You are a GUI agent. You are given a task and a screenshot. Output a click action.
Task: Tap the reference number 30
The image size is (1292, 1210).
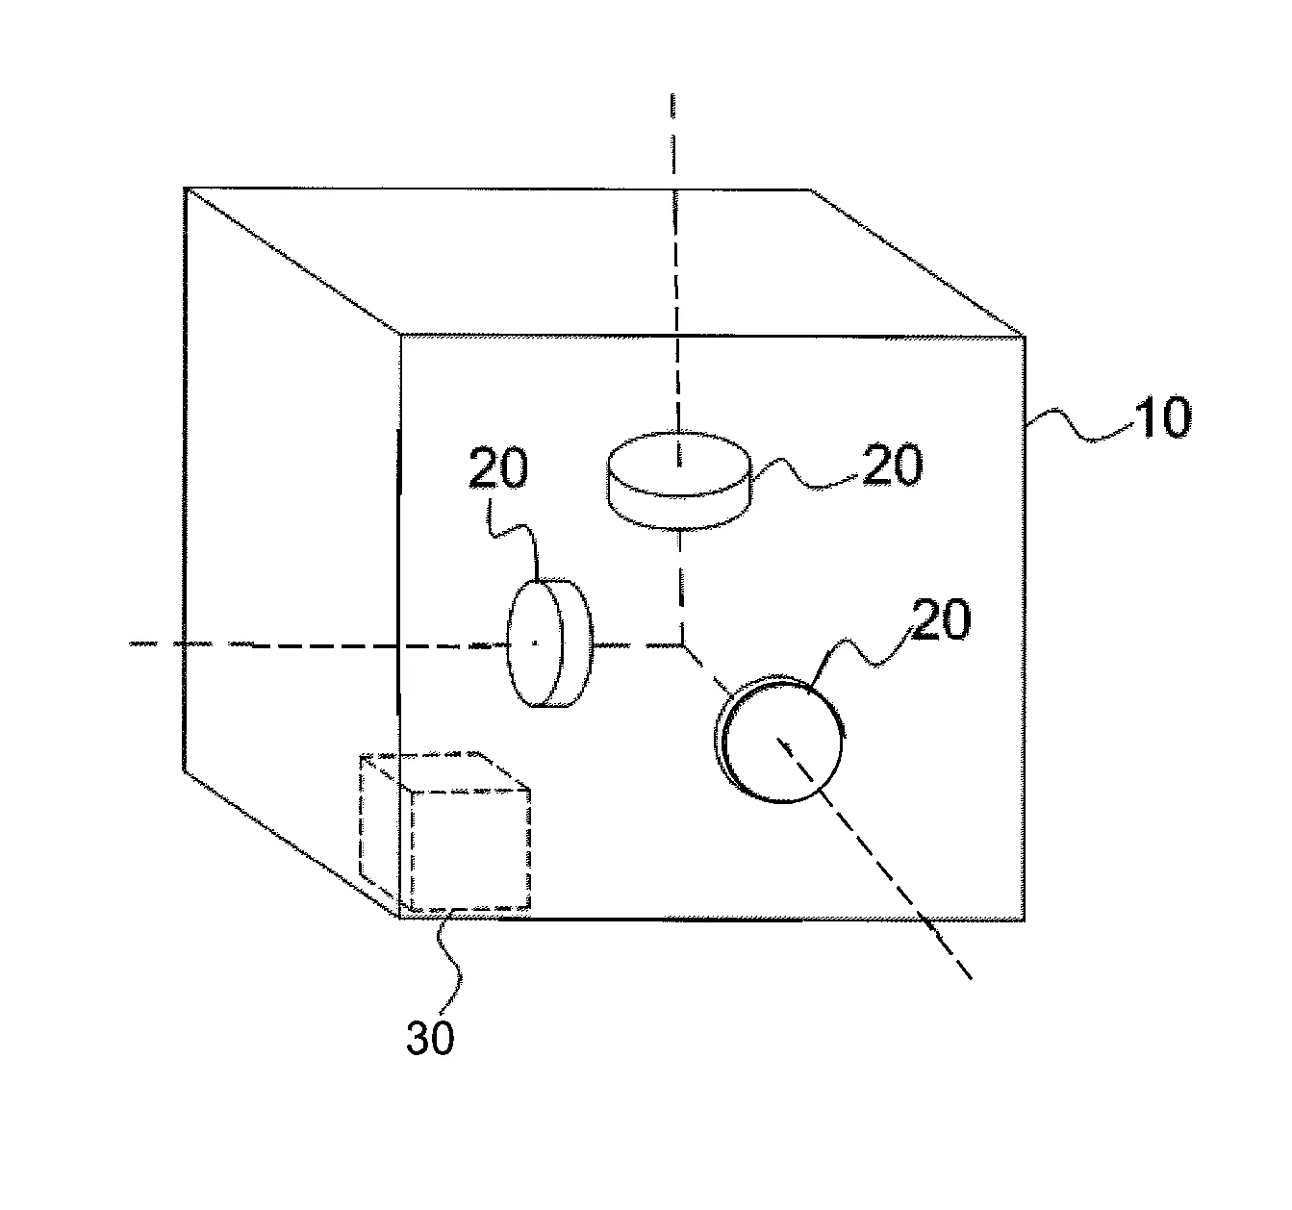coord(430,1037)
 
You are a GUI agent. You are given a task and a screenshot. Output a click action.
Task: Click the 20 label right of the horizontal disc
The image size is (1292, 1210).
coord(893,465)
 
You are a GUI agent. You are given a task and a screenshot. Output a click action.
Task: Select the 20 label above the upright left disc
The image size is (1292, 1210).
coord(498,467)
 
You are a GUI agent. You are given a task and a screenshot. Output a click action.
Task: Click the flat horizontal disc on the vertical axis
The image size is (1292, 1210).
coord(678,480)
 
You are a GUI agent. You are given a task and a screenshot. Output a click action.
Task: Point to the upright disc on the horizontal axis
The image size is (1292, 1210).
coord(549,643)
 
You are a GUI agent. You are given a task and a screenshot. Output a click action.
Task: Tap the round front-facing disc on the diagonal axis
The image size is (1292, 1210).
coord(779,740)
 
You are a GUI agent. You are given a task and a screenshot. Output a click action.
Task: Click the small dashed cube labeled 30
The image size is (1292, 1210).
coord(445,833)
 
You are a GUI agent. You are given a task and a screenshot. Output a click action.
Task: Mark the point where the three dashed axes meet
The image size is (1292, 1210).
coord(682,644)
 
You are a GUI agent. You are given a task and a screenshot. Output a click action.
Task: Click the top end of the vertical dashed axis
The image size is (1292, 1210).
coord(672,95)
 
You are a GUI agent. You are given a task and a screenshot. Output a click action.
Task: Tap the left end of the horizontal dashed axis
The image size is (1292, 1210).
coord(131,644)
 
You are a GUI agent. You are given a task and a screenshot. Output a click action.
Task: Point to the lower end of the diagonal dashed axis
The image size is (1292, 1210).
coord(972,978)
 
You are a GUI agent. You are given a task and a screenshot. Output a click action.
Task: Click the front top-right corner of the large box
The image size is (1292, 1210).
coord(1025,337)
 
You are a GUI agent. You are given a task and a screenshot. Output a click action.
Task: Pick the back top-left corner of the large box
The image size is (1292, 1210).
coord(185,188)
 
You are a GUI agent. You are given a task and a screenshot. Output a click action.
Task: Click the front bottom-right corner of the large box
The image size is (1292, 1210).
coord(1025,920)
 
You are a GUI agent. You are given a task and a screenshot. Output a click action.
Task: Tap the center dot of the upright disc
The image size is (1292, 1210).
coord(535,643)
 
